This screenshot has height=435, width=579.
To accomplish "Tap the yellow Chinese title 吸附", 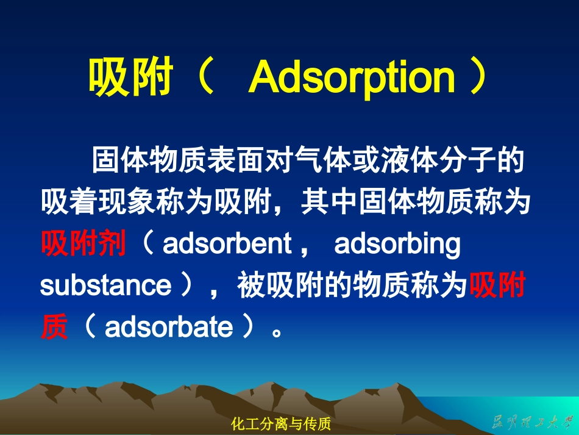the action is (x=130, y=76).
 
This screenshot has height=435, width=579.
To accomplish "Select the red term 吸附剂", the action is (x=83, y=243).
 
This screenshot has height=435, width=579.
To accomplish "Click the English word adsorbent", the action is (x=227, y=243).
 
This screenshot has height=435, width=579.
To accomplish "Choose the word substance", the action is (x=106, y=286).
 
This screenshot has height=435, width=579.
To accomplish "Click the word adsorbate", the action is (x=169, y=326).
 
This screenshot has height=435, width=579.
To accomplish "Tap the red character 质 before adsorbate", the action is (x=54, y=326).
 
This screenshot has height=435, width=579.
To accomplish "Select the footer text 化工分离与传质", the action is (x=280, y=424).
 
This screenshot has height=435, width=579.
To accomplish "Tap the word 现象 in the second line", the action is (x=126, y=201).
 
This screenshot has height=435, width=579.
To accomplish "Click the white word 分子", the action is (x=467, y=160).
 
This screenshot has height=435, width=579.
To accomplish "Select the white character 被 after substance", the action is (x=251, y=285).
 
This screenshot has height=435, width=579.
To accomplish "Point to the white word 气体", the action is (x=323, y=160).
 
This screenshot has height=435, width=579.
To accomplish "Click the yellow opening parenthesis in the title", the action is (x=205, y=76).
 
